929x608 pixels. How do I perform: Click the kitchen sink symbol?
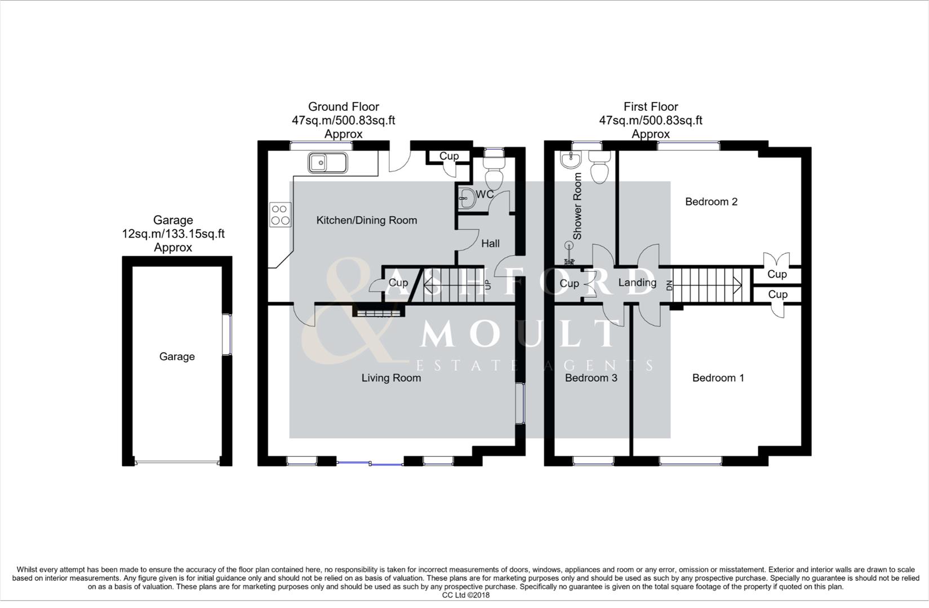(327, 163)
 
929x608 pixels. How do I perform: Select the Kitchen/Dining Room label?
(366, 220)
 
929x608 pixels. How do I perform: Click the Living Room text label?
(391, 378)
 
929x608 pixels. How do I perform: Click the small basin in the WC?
(466, 198)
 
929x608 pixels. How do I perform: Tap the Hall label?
(490, 244)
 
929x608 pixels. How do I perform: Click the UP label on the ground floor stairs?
(488, 284)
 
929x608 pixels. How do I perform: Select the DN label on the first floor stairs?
(669, 285)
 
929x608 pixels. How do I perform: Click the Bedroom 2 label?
(711, 202)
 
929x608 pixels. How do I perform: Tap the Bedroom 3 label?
(591, 378)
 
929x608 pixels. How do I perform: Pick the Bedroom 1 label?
(718, 378)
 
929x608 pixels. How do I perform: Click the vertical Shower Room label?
(577, 206)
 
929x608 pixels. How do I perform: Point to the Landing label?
(637, 283)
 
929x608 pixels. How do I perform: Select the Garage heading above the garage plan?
(173, 220)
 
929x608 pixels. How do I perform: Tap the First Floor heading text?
(650, 106)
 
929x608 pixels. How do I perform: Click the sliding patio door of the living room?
(370, 463)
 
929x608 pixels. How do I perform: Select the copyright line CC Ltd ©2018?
(465, 595)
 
